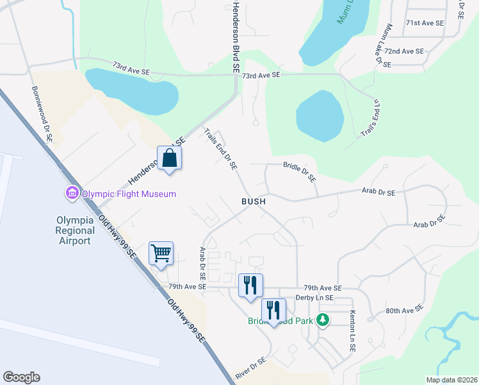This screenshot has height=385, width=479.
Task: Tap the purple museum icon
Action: click(x=71, y=193)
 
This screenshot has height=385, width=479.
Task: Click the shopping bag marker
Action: click(x=169, y=158)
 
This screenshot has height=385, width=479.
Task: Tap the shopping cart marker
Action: click(x=161, y=252)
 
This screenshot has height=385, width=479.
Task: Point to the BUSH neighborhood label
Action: click(x=253, y=201)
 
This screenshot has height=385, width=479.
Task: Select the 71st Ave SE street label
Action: click(x=425, y=22)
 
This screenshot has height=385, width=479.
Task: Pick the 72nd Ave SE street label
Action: click(x=404, y=51)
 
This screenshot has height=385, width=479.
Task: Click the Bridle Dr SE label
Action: click(x=300, y=171)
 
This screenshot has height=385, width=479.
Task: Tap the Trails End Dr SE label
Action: click(x=221, y=149)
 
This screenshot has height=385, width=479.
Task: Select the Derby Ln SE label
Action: click(x=314, y=298)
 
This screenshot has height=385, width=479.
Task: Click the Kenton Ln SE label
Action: click(x=352, y=330)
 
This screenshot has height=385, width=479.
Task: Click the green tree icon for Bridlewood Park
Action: click(x=324, y=319)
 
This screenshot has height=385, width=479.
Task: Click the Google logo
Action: click(x=21, y=377)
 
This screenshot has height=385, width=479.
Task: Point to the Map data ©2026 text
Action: click(x=451, y=380)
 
